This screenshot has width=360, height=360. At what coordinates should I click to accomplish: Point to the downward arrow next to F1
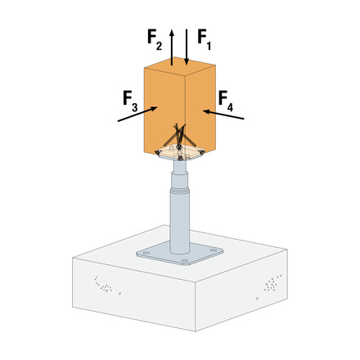[x=187, y=46]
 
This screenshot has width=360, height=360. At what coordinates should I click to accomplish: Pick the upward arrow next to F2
[x=172, y=46]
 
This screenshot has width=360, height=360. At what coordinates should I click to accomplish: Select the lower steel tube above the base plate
[x=178, y=221]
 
